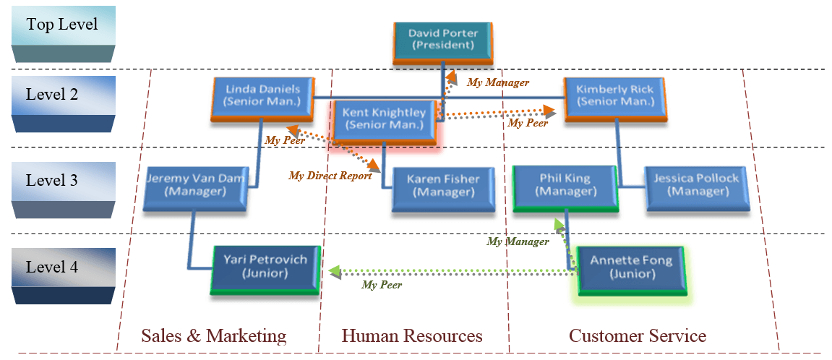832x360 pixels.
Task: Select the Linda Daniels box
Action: pyautogui.click(x=263, y=97)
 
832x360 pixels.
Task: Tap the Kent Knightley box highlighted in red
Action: pyautogui.click(x=383, y=119)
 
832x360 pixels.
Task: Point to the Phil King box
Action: pyautogui.click(x=565, y=187)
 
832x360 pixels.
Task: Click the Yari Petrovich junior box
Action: pyautogui.click(x=265, y=267)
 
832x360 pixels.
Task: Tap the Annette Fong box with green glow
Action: pyautogui.click(x=631, y=268)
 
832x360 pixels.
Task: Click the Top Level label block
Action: pyautogui.click(x=63, y=32)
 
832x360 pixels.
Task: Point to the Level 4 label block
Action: pyautogui.click(x=63, y=274)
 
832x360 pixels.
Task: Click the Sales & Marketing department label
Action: pyautogui.click(x=214, y=336)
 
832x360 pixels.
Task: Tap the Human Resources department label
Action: pyautogui.click(x=412, y=336)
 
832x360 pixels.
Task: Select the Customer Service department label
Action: pyautogui.click(x=637, y=336)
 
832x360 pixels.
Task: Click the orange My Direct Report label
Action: pyautogui.click(x=330, y=176)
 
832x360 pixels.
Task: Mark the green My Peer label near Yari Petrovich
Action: pyautogui.click(x=382, y=286)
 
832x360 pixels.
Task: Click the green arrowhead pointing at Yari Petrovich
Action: pyautogui.click(x=334, y=273)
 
